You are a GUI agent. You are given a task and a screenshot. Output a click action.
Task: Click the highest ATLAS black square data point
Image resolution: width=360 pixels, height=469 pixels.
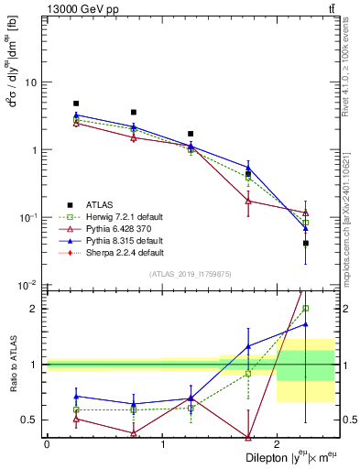tap(76, 104)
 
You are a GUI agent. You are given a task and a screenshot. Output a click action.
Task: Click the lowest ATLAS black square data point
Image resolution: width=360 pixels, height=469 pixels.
tap(306, 243)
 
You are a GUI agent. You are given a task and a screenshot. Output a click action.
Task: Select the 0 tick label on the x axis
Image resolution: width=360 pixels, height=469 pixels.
tap(47, 444)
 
